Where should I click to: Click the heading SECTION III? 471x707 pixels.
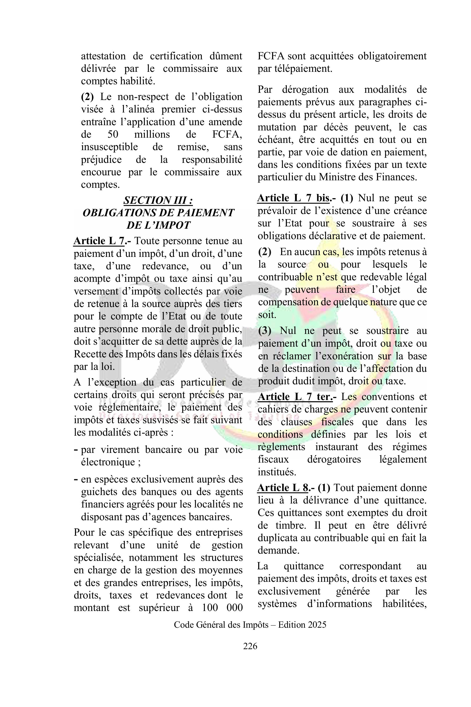point(158,200)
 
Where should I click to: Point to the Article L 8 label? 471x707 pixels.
point(283,488)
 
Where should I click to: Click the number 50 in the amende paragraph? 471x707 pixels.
point(113,134)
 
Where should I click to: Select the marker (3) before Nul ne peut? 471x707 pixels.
point(265,331)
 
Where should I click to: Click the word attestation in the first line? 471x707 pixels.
point(103,56)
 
